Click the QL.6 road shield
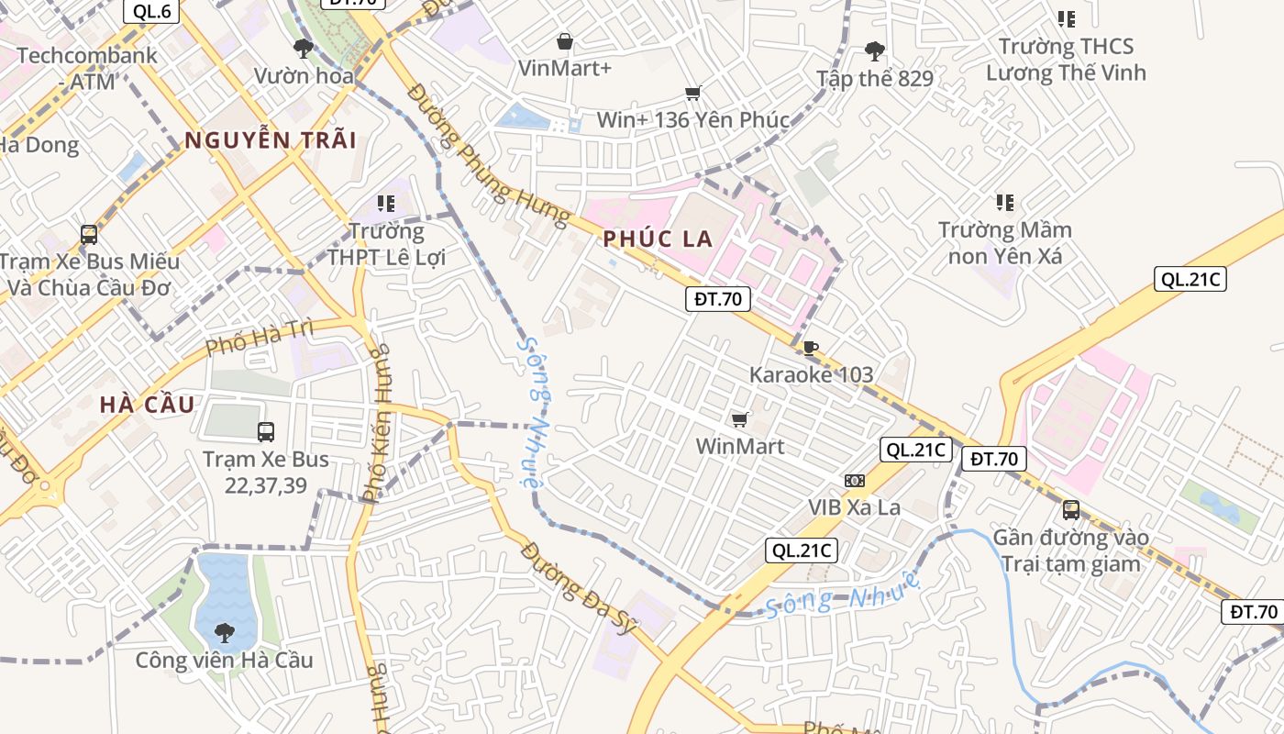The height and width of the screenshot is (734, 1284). [151, 11]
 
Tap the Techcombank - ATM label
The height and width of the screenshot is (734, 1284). [87, 68]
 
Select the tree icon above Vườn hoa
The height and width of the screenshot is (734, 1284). [304, 49]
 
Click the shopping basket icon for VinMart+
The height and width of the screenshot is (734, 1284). [565, 41]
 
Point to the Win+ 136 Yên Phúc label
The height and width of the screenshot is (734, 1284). [692, 120]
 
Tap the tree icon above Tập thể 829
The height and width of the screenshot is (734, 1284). [875, 51]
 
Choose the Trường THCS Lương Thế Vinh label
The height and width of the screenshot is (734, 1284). [1066, 60]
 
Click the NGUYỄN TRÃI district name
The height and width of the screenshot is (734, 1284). [271, 140]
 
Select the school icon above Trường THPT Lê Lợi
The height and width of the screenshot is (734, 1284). [386, 203]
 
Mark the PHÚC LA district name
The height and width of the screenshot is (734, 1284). [658, 239]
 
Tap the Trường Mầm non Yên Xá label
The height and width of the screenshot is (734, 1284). [1005, 243]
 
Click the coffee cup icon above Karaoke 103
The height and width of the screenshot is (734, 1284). [810, 348]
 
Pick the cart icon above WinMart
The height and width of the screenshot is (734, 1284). [740, 419]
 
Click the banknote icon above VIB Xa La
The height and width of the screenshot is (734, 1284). [854, 481]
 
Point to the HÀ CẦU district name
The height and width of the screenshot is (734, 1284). [147, 405]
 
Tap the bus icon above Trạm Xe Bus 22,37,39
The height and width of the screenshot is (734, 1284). [266, 431]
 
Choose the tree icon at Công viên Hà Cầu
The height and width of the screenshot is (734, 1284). [224, 632]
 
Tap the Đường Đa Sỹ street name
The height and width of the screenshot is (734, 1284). [578, 588]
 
